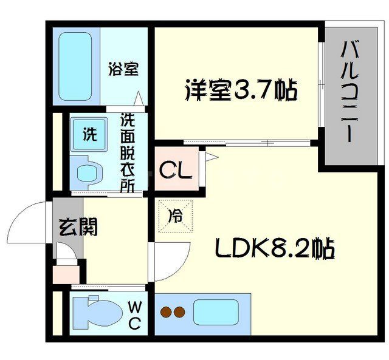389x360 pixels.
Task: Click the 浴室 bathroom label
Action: coord(123,69)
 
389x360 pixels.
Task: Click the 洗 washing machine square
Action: coord(89,134)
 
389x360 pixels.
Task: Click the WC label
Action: coord(134,315)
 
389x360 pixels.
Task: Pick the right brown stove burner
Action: coord(179,313)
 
